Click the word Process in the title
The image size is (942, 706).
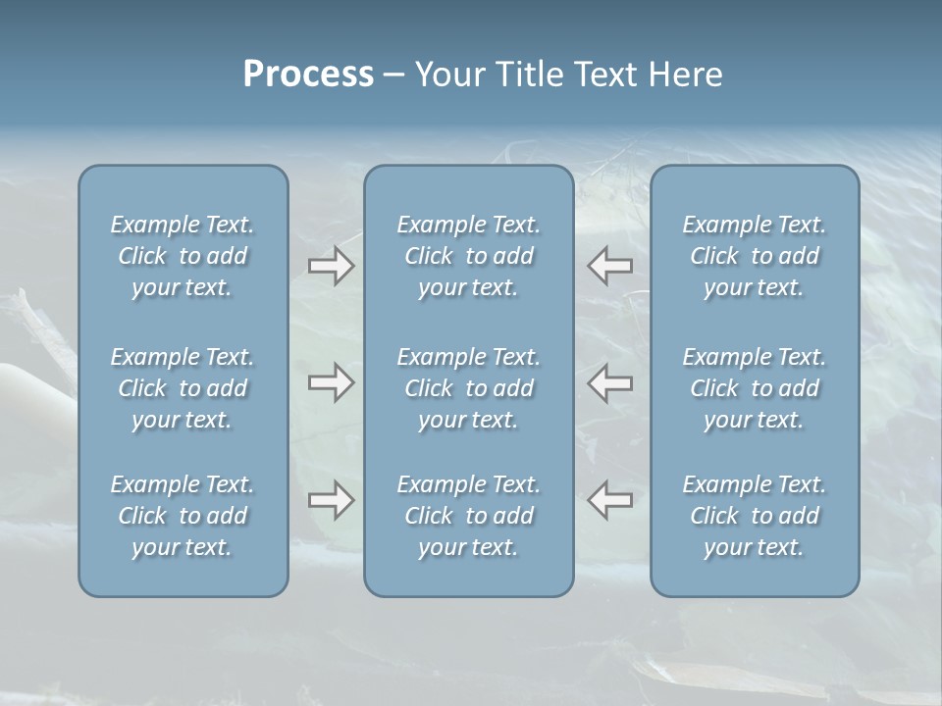[308, 75]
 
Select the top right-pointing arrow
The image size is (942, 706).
[331, 266]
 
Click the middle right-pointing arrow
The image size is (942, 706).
[331, 382]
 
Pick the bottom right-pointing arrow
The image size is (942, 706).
[331, 500]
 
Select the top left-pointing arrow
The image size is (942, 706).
[610, 265]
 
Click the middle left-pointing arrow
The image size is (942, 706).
[610, 382]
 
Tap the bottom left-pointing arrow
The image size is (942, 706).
[610, 499]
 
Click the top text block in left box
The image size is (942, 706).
[183, 256]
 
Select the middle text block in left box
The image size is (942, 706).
[183, 388]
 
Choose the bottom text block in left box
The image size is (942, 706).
[183, 516]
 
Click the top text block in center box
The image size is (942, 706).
[469, 256]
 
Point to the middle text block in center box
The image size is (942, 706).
[469, 388]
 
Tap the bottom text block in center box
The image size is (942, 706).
[469, 516]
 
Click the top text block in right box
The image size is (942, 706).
[755, 256]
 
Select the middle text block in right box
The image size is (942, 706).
[755, 388]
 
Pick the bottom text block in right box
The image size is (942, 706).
[755, 516]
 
